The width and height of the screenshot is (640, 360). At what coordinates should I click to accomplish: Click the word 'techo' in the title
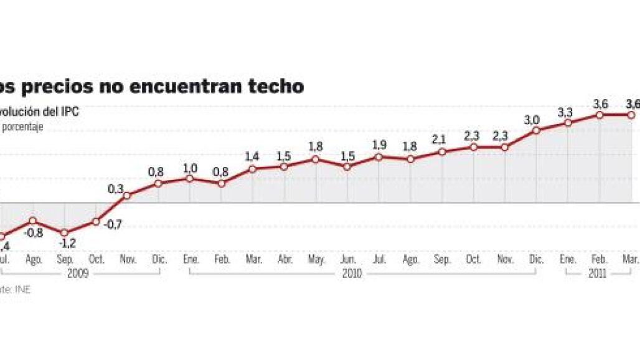[278, 86]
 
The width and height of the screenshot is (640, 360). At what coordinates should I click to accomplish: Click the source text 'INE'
[23, 289]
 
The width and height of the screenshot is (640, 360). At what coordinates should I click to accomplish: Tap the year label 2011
[599, 274]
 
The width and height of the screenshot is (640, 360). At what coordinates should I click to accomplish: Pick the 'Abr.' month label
[284, 259]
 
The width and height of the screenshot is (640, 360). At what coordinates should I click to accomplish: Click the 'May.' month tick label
[316, 259]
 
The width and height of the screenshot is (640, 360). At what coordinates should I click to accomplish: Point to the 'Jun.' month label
[347, 259]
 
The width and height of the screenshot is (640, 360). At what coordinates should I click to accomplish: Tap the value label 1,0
[189, 168]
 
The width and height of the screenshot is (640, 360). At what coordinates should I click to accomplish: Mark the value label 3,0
[532, 120]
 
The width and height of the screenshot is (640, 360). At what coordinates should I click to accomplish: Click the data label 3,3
[565, 113]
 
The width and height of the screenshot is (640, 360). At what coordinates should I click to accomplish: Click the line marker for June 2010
[347, 167]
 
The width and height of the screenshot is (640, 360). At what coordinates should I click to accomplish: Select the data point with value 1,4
[253, 169]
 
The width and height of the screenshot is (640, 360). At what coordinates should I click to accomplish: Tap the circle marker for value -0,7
[96, 222]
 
